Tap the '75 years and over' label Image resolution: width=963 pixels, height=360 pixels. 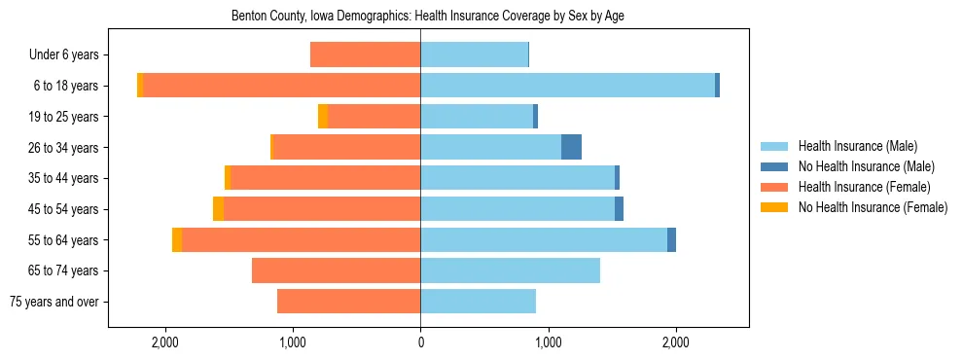(x=53, y=302)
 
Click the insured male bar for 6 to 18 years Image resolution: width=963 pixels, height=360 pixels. (x=567, y=86)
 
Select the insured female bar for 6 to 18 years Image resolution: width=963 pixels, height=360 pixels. (x=282, y=86)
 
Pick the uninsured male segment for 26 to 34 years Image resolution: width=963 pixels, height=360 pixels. (x=571, y=147)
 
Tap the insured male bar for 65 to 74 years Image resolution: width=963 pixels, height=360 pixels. (x=510, y=270)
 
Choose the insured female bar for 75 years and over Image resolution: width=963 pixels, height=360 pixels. (x=348, y=302)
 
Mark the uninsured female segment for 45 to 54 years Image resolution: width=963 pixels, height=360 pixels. (x=218, y=209)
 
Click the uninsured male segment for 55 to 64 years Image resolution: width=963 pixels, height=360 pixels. (x=671, y=239)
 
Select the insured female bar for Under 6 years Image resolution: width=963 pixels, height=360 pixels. (x=365, y=55)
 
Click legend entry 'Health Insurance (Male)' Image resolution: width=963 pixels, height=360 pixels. (x=857, y=147)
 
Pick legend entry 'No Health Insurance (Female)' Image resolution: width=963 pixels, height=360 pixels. (x=873, y=207)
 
